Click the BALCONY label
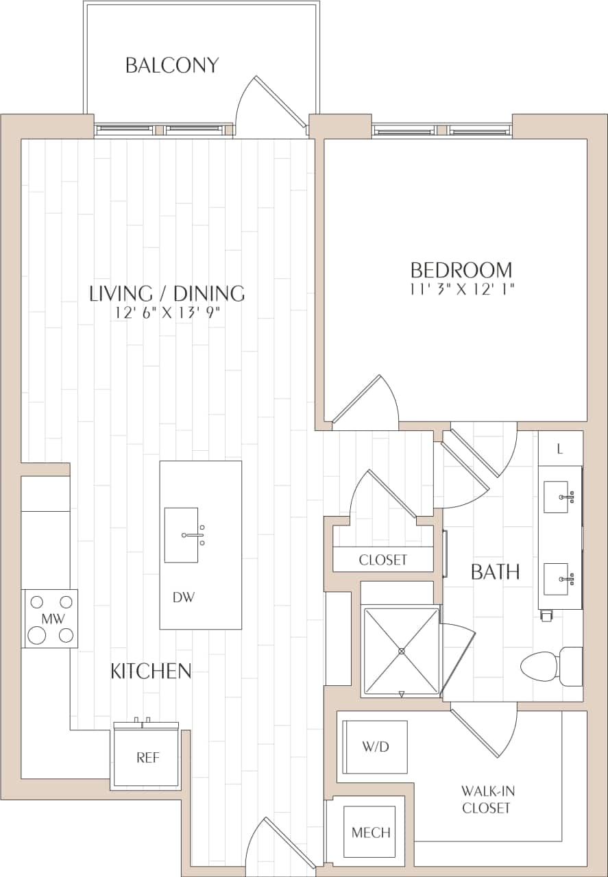point(172,65)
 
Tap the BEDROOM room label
point(461,269)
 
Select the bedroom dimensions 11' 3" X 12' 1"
point(461,289)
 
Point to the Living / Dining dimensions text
point(167,313)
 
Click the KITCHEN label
point(151,671)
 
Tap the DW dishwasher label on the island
point(184,597)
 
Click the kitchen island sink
point(182,535)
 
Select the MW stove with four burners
point(50,619)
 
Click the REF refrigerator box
point(147,757)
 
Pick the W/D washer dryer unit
point(375,747)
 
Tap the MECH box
point(371,832)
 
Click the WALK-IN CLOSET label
point(487,800)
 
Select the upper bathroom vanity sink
point(559,497)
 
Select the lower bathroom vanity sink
point(557,579)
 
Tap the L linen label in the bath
point(560,449)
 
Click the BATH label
point(495,571)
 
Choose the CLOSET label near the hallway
point(383,560)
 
